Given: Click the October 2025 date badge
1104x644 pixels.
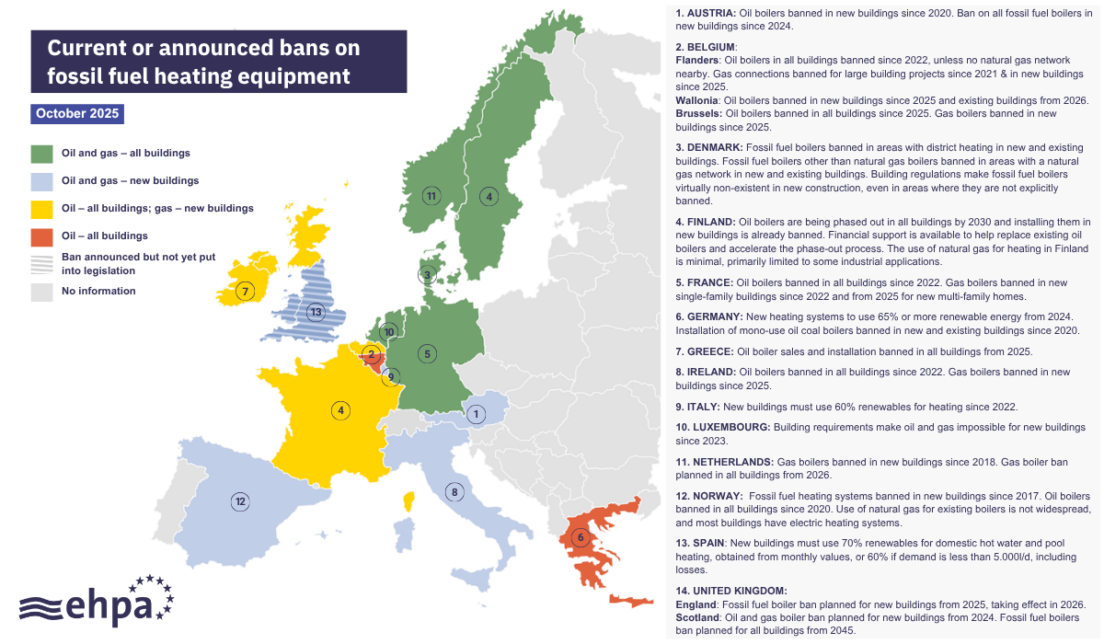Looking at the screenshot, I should pos(76,114).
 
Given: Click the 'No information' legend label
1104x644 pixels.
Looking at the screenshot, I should pos(98,291).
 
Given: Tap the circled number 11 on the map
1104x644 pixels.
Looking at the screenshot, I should pos(431,195).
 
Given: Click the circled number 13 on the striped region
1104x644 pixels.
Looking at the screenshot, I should pos(317,312).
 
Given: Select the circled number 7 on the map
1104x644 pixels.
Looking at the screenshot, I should pos(245,292).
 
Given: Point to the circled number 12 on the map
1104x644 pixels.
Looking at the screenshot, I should pos(240,501).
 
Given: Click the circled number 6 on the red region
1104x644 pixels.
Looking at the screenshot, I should pos(580,537).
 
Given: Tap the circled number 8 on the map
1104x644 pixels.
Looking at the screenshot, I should pos(454,492).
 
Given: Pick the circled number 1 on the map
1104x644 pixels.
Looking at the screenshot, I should pos(476,414).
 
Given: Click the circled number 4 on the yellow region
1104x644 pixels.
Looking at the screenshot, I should pos(341,410).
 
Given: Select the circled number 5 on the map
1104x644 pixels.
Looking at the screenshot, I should pos(426,353).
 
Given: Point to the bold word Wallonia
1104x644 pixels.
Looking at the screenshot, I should pos(697,100).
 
